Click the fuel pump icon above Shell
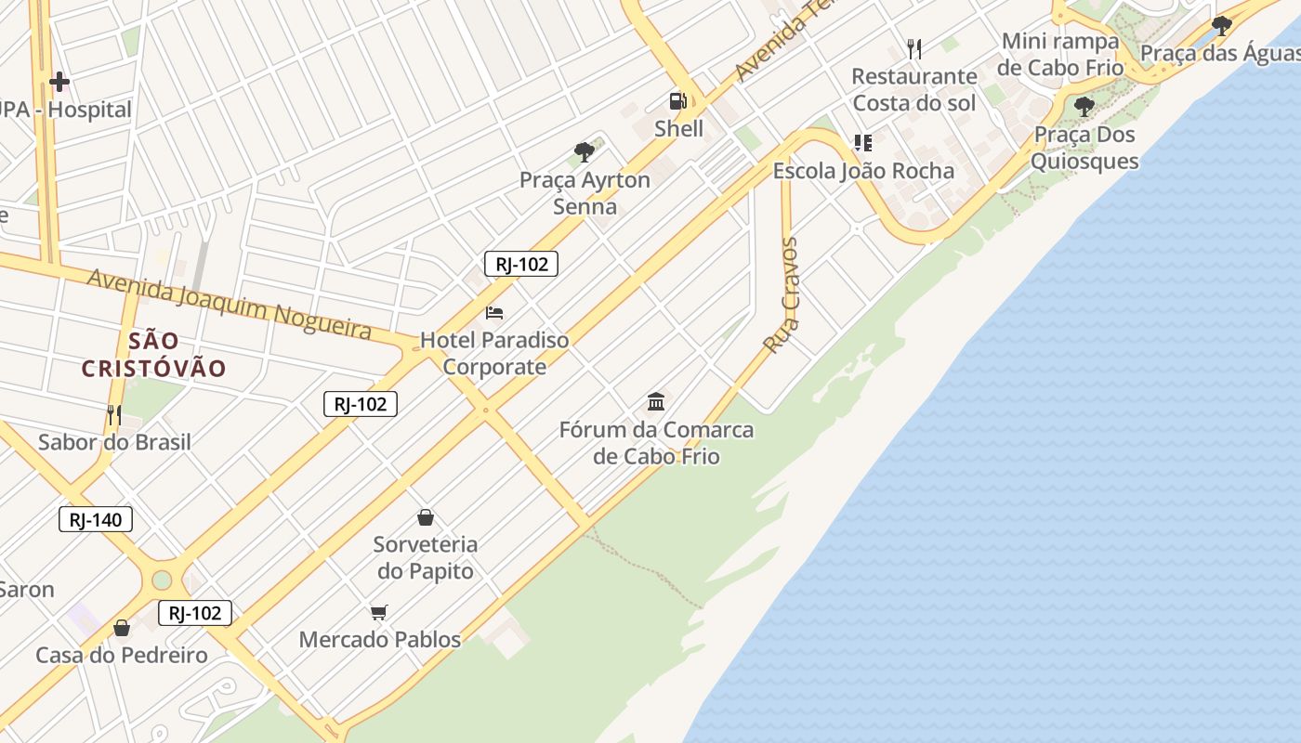pyautogui.click(x=678, y=100)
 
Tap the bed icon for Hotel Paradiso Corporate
pyautogui.click(x=494, y=312)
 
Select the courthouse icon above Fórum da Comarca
pyautogui.click(x=656, y=401)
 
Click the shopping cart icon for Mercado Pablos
pyautogui.click(x=378, y=612)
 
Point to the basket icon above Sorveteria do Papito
pyautogui.click(x=426, y=517)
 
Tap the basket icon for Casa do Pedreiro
pyautogui.click(x=122, y=629)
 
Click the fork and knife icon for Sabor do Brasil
pyautogui.click(x=114, y=414)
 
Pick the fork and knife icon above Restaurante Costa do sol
pyautogui.click(x=914, y=48)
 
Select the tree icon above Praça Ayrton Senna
pyautogui.click(x=584, y=152)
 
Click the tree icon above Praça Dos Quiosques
pyautogui.click(x=1084, y=107)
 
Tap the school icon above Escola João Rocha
pyautogui.click(x=863, y=143)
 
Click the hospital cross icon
pyautogui.click(x=59, y=82)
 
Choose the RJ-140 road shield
pyautogui.click(x=96, y=519)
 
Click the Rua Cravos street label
pyautogui.click(x=782, y=294)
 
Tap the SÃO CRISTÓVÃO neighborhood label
pyautogui.click(x=154, y=354)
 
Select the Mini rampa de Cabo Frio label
pyautogui.click(x=1060, y=54)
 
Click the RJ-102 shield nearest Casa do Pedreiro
pyautogui.click(x=194, y=613)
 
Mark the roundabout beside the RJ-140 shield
pyautogui.click(x=162, y=580)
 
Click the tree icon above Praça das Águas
pyautogui.click(x=1221, y=25)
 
